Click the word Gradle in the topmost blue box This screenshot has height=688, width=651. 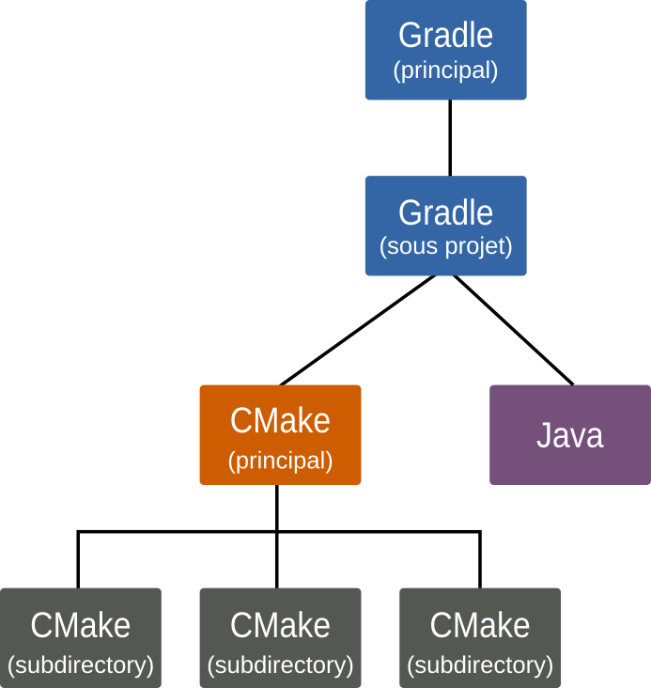coord(445,36)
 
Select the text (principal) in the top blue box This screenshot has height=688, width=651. coord(445,70)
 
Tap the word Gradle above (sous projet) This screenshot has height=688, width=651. coord(445,212)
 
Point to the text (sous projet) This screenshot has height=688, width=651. coord(445,247)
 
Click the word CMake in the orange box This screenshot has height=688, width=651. coord(280,420)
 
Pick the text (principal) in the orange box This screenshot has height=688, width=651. coord(280,461)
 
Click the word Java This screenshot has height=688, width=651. coord(569,436)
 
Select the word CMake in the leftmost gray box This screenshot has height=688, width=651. coord(80,625)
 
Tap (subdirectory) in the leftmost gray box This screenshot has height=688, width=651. coord(80,665)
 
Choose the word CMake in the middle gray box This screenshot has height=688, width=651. coord(280,625)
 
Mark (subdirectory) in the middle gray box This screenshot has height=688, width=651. coord(280,665)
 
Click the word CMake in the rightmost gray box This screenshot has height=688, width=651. coord(480,625)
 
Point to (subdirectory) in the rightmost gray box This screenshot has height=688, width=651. coord(480,665)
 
